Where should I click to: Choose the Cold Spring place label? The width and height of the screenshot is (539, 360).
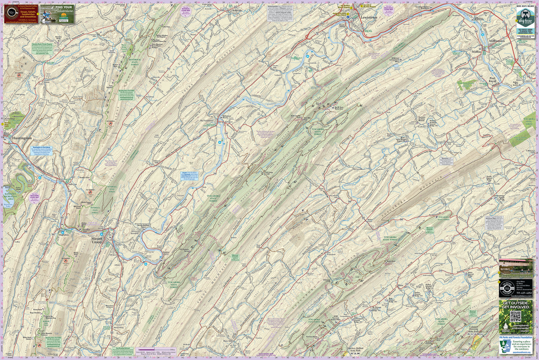pyautogui.click(x=19, y=95)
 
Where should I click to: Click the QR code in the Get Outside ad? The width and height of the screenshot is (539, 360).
pyautogui.click(x=515, y=316)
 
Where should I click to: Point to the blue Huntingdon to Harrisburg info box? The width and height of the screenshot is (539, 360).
pyautogui.click(x=42, y=150)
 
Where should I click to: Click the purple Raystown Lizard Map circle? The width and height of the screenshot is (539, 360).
pyautogui.click(x=34, y=198)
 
